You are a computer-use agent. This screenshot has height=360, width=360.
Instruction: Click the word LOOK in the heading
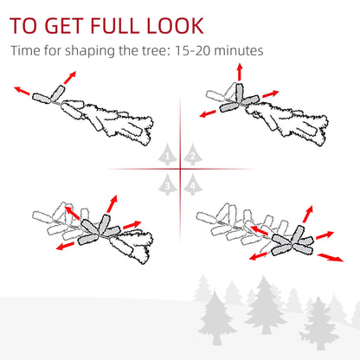176,26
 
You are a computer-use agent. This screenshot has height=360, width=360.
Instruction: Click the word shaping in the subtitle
90,51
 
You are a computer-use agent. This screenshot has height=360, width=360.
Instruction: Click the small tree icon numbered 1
168,154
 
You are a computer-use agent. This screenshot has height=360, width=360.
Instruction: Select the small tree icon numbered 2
193,154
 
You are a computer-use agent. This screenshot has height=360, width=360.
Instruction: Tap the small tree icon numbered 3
168,184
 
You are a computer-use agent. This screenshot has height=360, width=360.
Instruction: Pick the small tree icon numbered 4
193,184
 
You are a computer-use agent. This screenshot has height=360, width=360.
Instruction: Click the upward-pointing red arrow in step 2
240,72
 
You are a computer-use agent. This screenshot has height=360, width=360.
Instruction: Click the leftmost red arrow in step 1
22,91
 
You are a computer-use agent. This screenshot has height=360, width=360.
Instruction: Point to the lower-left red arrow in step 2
208,113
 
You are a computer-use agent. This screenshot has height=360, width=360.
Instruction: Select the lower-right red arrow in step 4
331,257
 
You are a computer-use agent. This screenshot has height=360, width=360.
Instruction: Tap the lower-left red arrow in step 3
65,246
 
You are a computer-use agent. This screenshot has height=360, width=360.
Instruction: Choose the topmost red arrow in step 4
308,214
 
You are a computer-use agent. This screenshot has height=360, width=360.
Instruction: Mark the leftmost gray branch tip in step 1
42,98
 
